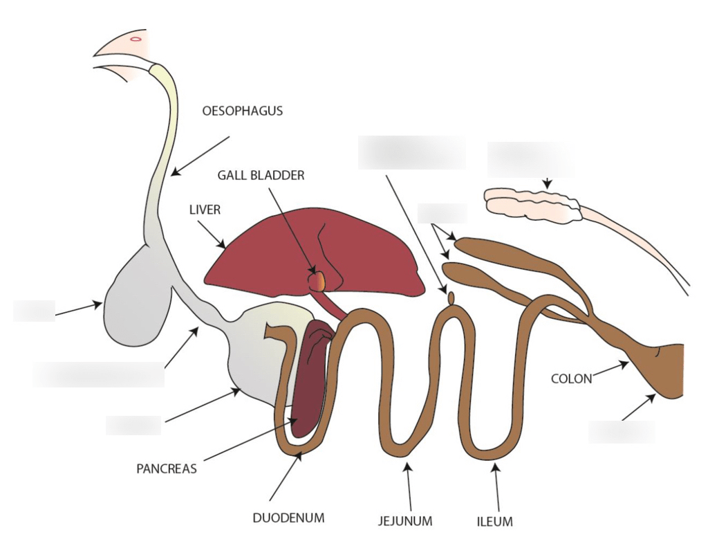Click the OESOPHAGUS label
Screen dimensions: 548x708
[242, 111]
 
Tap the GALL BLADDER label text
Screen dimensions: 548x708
[261, 176]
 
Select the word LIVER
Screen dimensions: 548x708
[205, 210]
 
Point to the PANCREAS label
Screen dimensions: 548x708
[167, 468]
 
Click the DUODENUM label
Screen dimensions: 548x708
[288, 517]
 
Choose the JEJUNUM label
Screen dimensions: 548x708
[405, 521]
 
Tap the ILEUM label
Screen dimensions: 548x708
[495, 521]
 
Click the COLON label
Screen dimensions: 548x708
[571, 378]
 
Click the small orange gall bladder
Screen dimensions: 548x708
[317, 281]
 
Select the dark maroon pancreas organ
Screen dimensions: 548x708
[309, 377]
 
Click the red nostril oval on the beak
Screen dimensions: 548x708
[136, 39]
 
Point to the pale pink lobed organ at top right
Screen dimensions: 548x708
[529, 204]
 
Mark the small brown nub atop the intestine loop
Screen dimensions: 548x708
[451, 297]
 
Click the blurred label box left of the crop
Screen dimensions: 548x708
[33, 311]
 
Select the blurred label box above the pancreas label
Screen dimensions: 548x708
[133, 425]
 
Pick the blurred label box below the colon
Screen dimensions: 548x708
[621, 432]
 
